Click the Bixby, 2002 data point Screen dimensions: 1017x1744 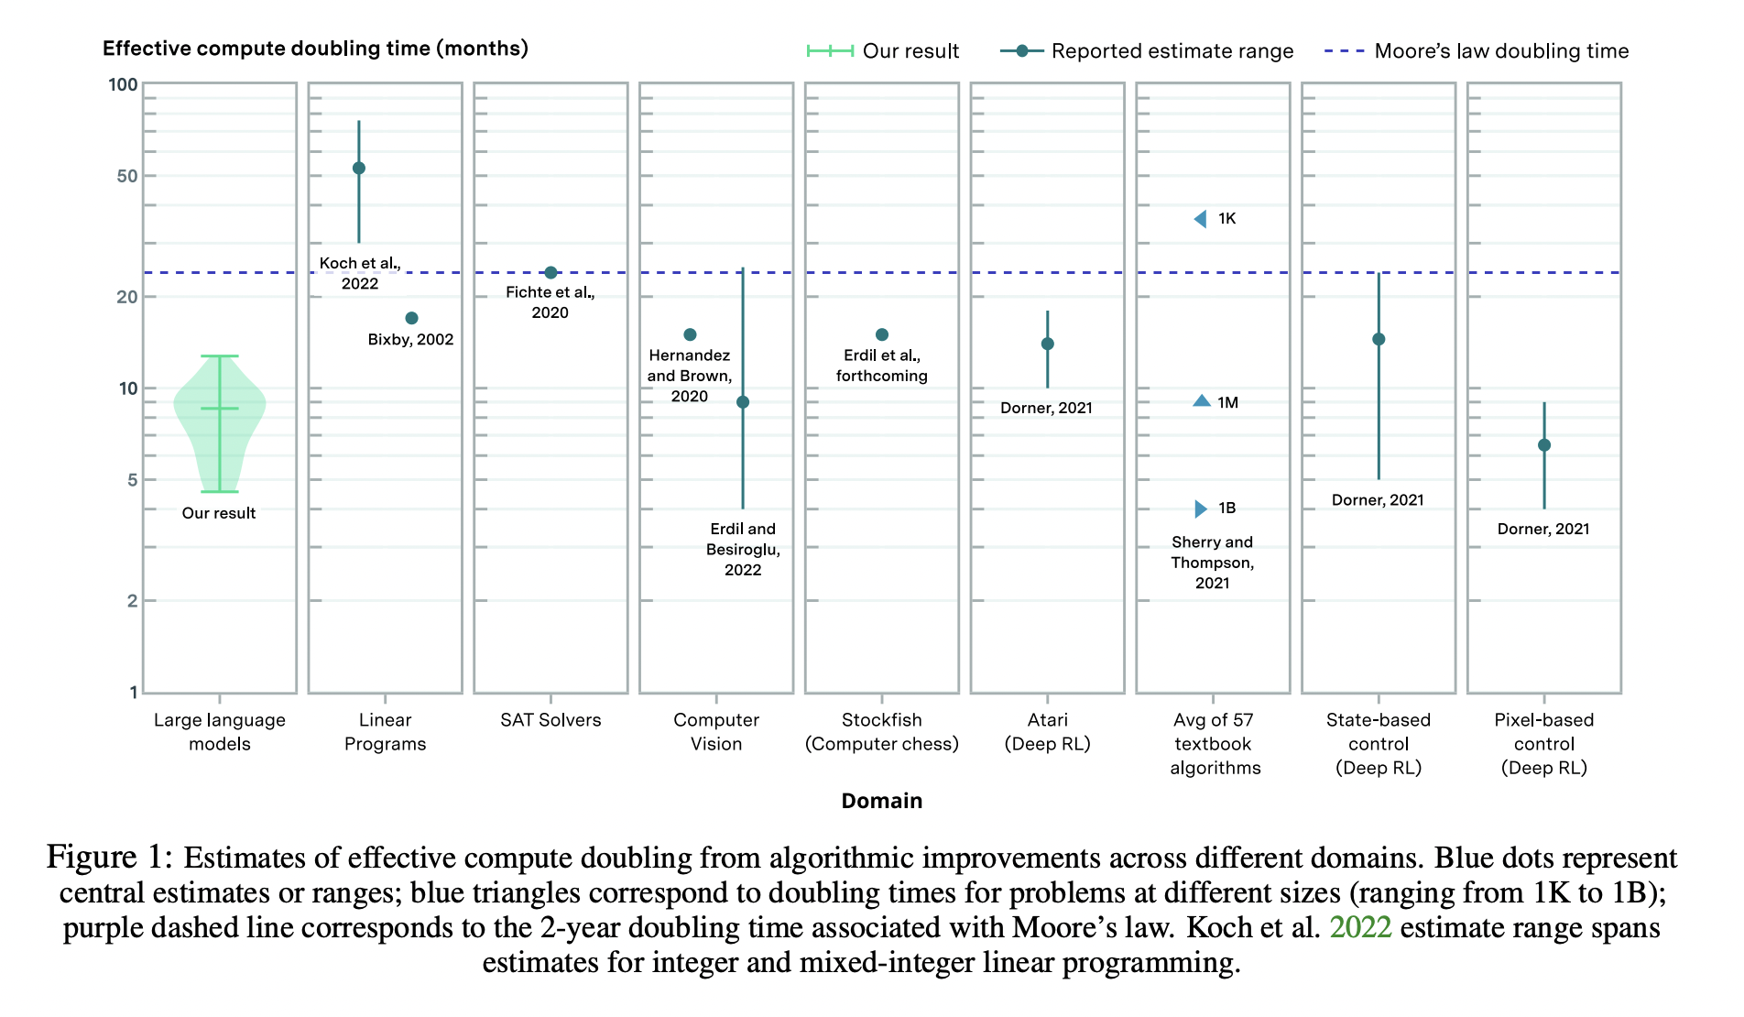tap(411, 318)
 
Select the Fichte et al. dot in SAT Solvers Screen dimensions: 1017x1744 tap(550, 272)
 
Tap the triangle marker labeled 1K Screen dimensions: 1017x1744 tap(1201, 219)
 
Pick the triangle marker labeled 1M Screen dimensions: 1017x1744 tap(1202, 401)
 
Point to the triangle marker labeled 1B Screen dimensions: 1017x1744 tap(1201, 508)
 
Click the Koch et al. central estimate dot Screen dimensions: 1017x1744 tap(359, 169)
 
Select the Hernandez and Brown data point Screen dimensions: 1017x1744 tap(690, 334)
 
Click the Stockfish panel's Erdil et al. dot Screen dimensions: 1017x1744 tap(881, 334)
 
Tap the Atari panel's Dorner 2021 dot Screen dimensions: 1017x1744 tap(1047, 344)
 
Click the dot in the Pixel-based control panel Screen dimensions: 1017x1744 tap(1543, 445)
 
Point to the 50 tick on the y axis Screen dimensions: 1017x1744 tap(127, 176)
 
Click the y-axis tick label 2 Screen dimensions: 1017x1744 tap(132, 601)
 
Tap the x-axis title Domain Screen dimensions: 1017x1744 tap(881, 801)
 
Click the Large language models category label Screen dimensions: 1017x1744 tap(219, 732)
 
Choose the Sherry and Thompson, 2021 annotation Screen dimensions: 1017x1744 tap(1212, 563)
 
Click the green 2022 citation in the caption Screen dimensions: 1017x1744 tap(1359, 927)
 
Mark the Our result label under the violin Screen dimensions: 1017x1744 tap(218, 513)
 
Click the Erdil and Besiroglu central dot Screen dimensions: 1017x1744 tap(743, 402)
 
